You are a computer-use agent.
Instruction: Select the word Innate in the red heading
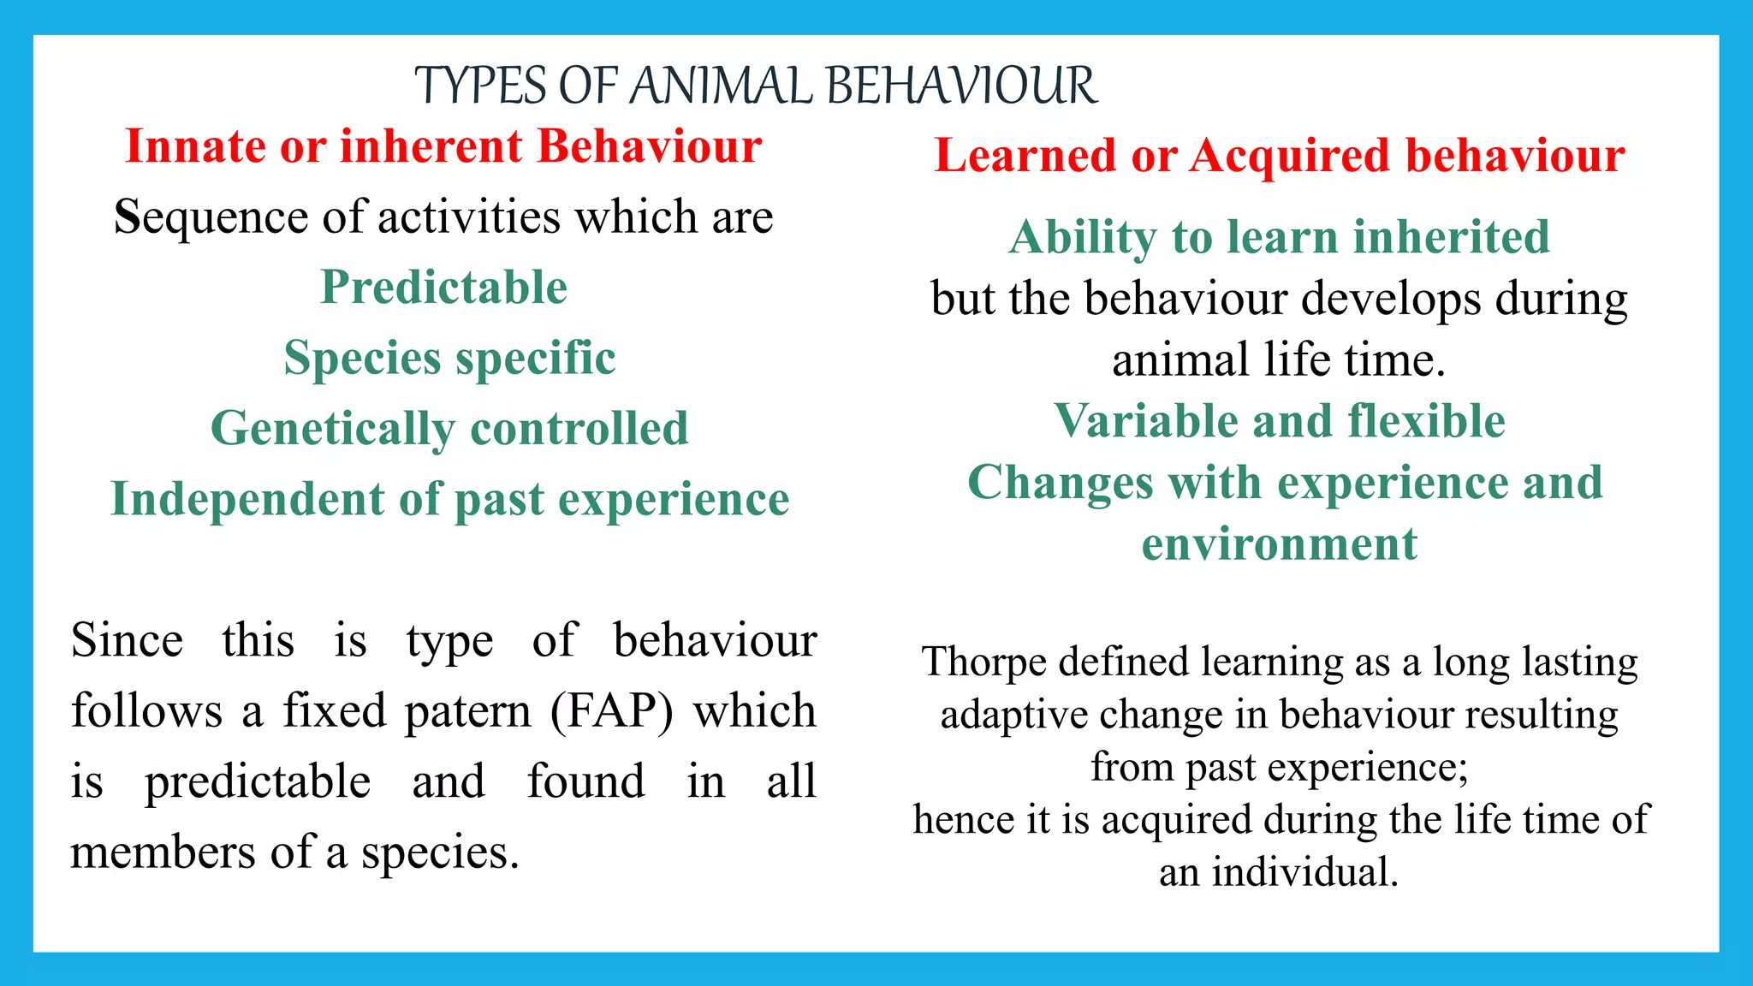[196, 146]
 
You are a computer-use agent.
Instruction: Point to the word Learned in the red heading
[1024, 156]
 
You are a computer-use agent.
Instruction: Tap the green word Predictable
[443, 287]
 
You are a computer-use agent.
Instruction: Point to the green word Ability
[1082, 238]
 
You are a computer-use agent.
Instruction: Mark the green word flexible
[1426, 421]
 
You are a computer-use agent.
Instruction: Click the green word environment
[1280, 544]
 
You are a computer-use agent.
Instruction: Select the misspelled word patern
[468, 711]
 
